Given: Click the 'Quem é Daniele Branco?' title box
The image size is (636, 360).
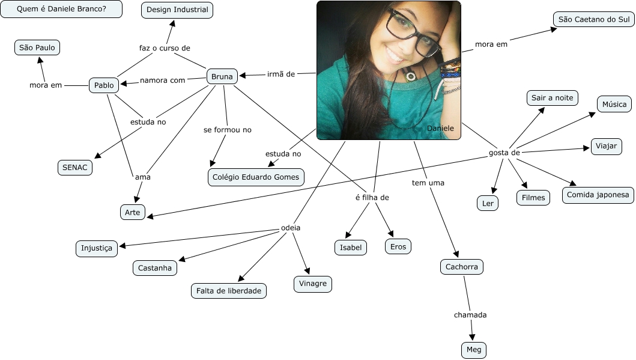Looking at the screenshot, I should pos(61,9).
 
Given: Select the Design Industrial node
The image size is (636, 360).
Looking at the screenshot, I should pos(177,10).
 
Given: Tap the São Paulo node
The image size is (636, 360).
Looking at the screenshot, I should pos(37,47).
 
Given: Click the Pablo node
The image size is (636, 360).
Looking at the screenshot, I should pos(104,85).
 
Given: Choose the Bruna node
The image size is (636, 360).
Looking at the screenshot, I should pos(222,76).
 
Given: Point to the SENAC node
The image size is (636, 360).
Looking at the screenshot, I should pos(75,168).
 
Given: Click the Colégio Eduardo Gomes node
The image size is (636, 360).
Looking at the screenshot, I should pos(256,177).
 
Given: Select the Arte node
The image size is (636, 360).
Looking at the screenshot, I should pos(132,212).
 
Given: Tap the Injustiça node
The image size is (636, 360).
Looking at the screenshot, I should pos(97,248).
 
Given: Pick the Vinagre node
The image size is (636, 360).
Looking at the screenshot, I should pos(312,284).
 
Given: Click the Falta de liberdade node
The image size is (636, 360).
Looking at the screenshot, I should pos(229,291).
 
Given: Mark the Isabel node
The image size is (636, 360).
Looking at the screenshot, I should pos(351,247).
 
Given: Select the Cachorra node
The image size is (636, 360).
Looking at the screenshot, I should pos(461,267).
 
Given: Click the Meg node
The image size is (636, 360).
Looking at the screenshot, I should pos(474,349).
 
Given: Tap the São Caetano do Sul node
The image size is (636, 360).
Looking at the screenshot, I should pos(593,19).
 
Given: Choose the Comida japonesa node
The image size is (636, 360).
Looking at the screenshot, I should pos(598,195).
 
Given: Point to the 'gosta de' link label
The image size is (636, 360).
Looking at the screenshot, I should pos(504,153).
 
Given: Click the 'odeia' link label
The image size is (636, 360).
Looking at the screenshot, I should pos(291,228).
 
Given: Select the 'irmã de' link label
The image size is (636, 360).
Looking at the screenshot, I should pos(281,74).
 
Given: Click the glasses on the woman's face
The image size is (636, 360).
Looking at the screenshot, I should pos(414,33).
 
